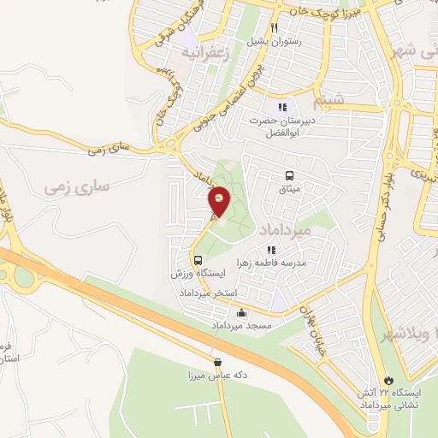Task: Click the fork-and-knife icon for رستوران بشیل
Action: (x=274, y=27)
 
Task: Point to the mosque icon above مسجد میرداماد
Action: (x=242, y=312)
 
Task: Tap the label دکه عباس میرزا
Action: (x=217, y=375)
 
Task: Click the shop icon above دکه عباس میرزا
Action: (x=217, y=362)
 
